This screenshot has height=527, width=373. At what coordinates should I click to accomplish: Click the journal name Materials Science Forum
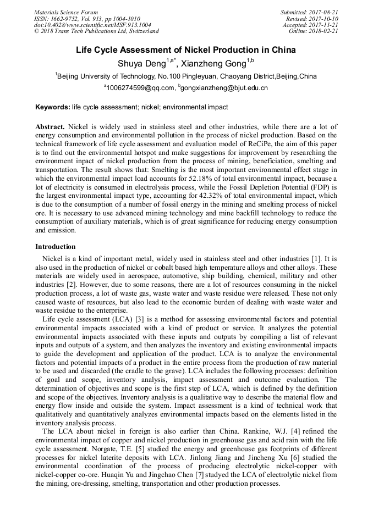coord(66,12)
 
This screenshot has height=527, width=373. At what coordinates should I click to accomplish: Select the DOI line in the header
coord(92,25)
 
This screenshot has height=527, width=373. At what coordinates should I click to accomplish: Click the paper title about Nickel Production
coord(186,50)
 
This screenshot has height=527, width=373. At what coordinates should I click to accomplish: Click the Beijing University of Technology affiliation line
coord(186,76)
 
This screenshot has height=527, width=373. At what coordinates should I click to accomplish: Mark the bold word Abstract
coord(50,126)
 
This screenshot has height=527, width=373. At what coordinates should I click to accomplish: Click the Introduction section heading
coord(56,247)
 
